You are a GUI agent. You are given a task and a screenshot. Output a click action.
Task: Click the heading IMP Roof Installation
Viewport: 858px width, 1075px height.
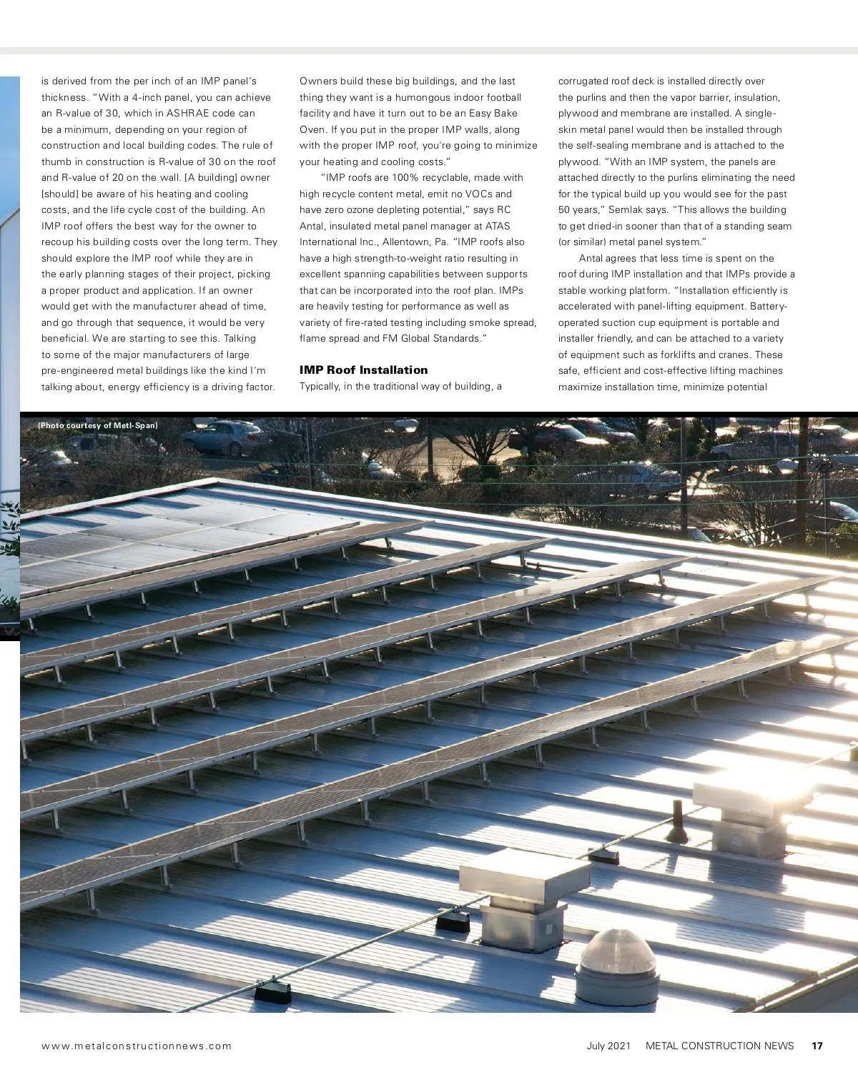pyautogui.click(x=363, y=370)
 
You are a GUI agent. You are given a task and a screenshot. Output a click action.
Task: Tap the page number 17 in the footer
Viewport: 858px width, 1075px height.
pyautogui.click(x=817, y=1046)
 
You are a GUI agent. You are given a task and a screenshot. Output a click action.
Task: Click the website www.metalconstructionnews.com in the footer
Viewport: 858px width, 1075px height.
pyautogui.click(x=137, y=1046)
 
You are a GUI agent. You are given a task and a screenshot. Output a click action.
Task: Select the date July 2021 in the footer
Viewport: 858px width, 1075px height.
pyautogui.click(x=608, y=1046)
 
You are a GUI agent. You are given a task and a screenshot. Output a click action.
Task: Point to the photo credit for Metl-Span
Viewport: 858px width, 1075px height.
pyautogui.click(x=98, y=426)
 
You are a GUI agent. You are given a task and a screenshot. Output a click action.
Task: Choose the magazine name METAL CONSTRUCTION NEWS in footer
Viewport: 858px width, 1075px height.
pyautogui.click(x=719, y=1046)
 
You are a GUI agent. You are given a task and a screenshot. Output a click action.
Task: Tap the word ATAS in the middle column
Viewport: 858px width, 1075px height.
pyautogui.click(x=498, y=226)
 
